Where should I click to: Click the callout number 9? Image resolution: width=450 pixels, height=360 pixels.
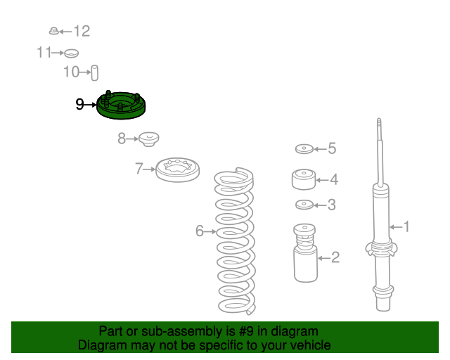click(79, 105)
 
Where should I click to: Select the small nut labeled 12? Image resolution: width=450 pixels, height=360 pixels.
click(53, 31)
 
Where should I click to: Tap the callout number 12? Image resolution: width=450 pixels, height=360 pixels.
click(82, 31)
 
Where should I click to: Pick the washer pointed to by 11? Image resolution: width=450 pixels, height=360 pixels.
click(71, 53)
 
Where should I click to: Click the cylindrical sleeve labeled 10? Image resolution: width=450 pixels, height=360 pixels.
click(94, 73)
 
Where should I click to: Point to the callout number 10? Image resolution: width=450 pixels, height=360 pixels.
click(71, 72)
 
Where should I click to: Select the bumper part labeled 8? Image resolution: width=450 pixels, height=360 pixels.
click(148, 139)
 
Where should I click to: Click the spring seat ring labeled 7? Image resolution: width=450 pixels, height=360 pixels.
click(178, 170)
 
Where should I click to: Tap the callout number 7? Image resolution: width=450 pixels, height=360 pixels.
click(139, 169)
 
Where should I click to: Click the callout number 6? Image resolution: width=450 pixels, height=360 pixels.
click(200, 231)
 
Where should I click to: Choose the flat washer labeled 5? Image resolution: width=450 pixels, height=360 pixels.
click(304, 149)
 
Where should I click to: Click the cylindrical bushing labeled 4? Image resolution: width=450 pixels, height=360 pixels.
click(304, 179)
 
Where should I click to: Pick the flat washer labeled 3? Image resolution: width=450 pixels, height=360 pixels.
click(304, 205)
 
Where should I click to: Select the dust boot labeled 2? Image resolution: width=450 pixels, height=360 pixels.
click(305, 253)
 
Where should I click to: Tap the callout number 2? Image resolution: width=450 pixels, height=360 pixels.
click(335, 257)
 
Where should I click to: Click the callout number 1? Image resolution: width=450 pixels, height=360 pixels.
click(406, 226)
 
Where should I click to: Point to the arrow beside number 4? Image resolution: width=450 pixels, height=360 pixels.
click(322, 180)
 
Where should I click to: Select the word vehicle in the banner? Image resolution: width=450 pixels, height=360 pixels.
click(314, 345)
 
